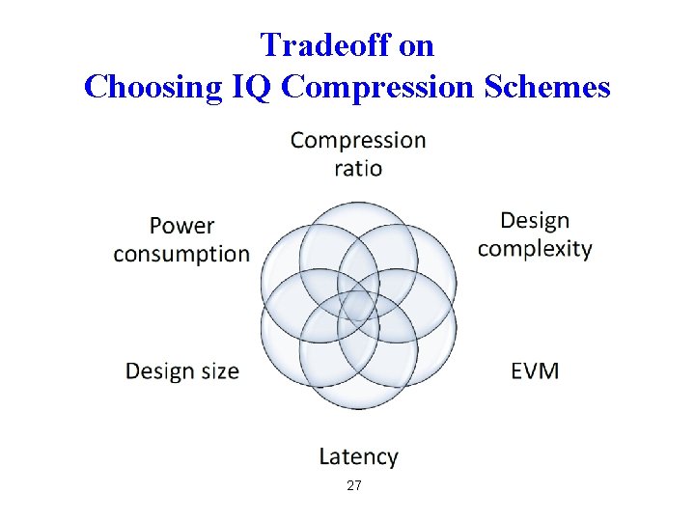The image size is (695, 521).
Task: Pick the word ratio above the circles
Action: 358,169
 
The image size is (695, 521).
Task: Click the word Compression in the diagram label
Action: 358,141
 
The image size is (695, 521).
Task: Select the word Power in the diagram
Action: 181,226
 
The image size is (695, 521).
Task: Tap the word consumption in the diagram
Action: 181,254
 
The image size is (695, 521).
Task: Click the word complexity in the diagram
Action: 535,249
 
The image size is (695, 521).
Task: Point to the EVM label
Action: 535,370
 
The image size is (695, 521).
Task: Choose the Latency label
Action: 358,456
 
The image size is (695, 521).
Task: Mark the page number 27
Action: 354,486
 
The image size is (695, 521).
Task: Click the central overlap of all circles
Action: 358,307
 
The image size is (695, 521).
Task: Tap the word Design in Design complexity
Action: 535,221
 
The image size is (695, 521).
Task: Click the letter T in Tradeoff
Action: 269,44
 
